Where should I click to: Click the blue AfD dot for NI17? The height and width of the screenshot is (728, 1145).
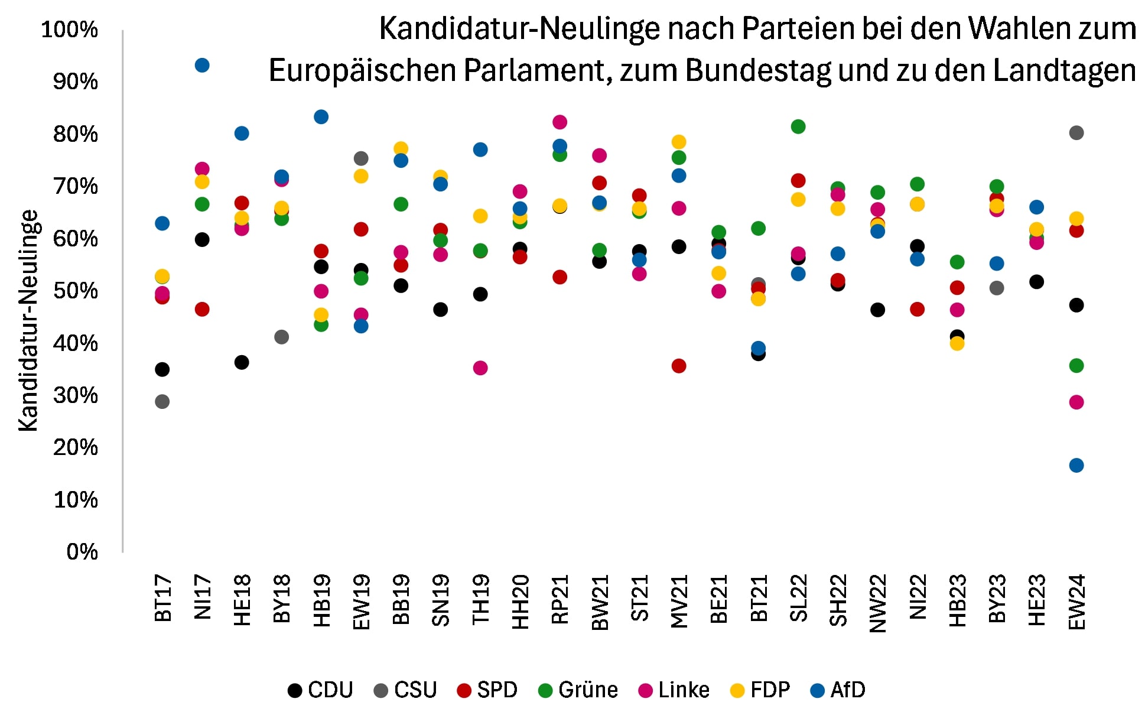tap(202, 65)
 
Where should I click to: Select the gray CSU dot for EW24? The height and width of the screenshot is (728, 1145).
tap(1076, 132)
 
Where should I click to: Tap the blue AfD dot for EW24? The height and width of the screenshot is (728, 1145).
tap(1076, 465)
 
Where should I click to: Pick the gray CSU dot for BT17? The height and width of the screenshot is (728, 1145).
tap(162, 401)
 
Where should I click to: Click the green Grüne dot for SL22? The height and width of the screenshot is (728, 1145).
tap(798, 126)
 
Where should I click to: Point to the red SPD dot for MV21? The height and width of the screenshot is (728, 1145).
tap(679, 366)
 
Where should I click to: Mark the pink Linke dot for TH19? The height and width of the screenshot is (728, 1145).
tap(480, 368)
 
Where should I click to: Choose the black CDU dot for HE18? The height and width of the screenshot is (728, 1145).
tap(242, 362)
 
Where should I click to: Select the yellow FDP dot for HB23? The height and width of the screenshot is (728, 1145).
tap(957, 343)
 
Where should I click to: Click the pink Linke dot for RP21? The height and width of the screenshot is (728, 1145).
tap(560, 122)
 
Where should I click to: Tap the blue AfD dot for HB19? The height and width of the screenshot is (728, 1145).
tap(321, 116)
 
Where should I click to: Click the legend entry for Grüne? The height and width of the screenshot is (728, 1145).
tap(578, 690)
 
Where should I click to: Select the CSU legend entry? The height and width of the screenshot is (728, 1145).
tap(405, 690)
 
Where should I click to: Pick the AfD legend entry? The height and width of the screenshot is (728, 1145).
tap(838, 690)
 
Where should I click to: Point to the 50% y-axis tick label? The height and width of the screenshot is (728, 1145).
tap(75, 291)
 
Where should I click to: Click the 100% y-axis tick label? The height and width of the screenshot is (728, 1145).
tap(69, 30)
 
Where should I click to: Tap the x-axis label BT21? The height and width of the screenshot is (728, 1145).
tap(759, 598)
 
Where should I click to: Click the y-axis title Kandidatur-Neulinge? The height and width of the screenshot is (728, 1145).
tap(28, 320)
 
